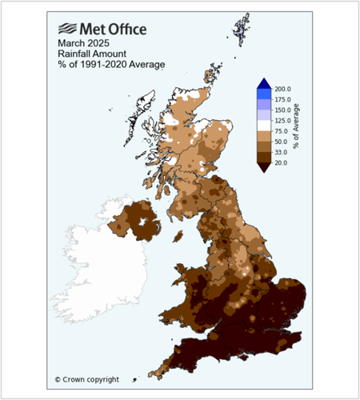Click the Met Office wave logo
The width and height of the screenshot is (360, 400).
pyautogui.click(x=66, y=30)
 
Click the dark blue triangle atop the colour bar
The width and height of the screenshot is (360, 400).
pyautogui.click(x=265, y=84)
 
